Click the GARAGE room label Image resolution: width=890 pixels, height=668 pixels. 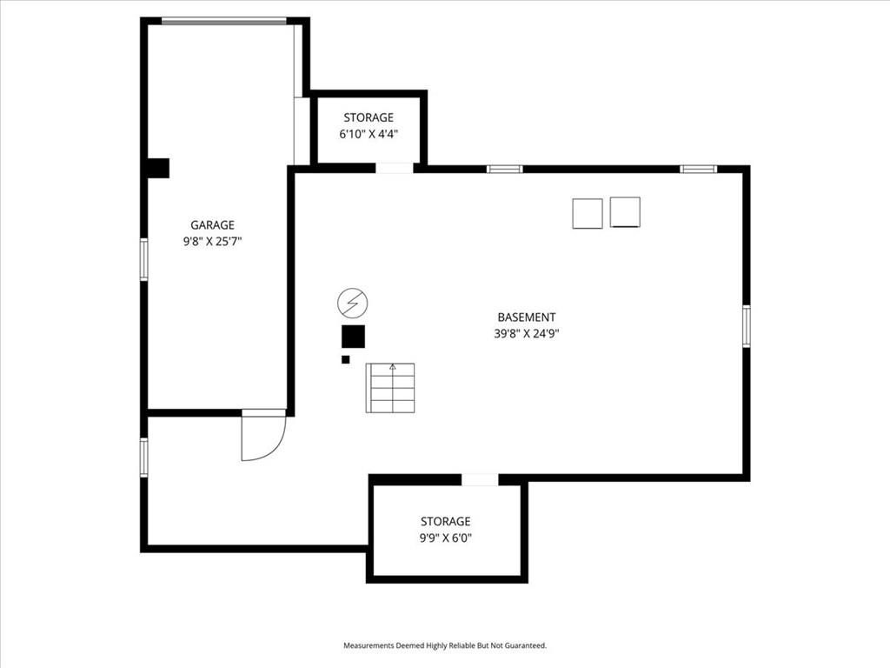point(212,225)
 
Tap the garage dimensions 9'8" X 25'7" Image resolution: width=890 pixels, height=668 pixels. point(212,242)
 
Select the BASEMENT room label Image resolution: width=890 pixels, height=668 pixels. point(527,317)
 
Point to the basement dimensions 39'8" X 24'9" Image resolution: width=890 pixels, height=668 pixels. point(527,333)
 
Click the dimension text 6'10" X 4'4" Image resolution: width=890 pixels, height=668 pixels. point(369,134)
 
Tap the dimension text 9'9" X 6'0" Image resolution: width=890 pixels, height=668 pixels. point(446,538)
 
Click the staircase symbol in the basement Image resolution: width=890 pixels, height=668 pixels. point(390,388)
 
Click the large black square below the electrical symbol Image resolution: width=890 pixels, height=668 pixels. point(353,337)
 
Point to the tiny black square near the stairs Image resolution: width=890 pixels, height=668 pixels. point(346,359)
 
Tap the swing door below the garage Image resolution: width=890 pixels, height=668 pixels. point(263,435)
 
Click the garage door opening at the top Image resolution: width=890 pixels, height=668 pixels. point(224,22)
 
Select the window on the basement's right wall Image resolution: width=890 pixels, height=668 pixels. point(747,326)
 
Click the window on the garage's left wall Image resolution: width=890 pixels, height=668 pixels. point(144,259)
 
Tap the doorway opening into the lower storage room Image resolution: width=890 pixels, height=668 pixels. point(480,480)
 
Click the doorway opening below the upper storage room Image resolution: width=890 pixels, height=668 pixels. point(395,168)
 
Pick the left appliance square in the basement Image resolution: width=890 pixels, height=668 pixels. point(588,214)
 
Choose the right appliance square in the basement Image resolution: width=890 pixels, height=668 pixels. point(626,212)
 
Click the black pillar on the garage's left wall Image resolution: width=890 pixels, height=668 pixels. point(158,168)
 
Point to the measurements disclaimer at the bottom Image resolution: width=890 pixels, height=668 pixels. point(445,646)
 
